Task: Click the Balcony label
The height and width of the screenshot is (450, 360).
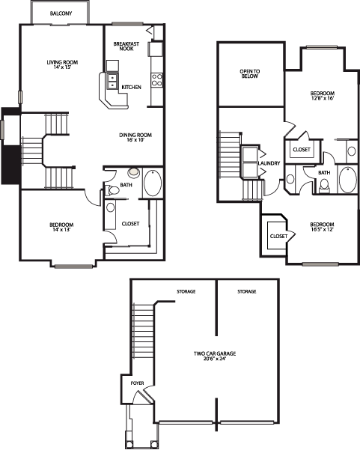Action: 61,13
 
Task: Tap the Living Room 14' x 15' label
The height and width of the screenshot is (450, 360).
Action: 62,65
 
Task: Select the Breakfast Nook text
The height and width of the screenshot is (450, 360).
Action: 126,46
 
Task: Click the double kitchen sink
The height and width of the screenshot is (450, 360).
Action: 112,81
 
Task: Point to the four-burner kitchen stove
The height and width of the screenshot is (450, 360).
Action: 157,80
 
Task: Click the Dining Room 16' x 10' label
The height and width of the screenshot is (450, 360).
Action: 135,138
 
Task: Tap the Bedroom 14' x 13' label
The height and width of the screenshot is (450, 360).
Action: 61,227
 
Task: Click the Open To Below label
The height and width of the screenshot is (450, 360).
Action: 250,74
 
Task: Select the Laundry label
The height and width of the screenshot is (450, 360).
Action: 269,163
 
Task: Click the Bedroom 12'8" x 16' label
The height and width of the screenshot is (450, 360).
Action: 323,96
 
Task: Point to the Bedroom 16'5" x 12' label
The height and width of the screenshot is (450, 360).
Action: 322,227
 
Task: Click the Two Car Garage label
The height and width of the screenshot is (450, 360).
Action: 215,356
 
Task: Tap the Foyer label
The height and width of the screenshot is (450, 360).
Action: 138,383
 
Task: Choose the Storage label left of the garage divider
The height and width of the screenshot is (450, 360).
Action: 186,291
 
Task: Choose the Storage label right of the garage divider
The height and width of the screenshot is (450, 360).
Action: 247,291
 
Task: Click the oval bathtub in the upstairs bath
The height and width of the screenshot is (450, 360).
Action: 348,179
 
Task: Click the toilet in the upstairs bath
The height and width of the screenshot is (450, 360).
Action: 324,185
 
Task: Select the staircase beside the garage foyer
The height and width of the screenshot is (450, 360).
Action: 143,331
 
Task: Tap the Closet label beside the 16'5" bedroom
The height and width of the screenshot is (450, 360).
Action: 278,236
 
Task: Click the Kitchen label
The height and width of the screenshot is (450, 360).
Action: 132,87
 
